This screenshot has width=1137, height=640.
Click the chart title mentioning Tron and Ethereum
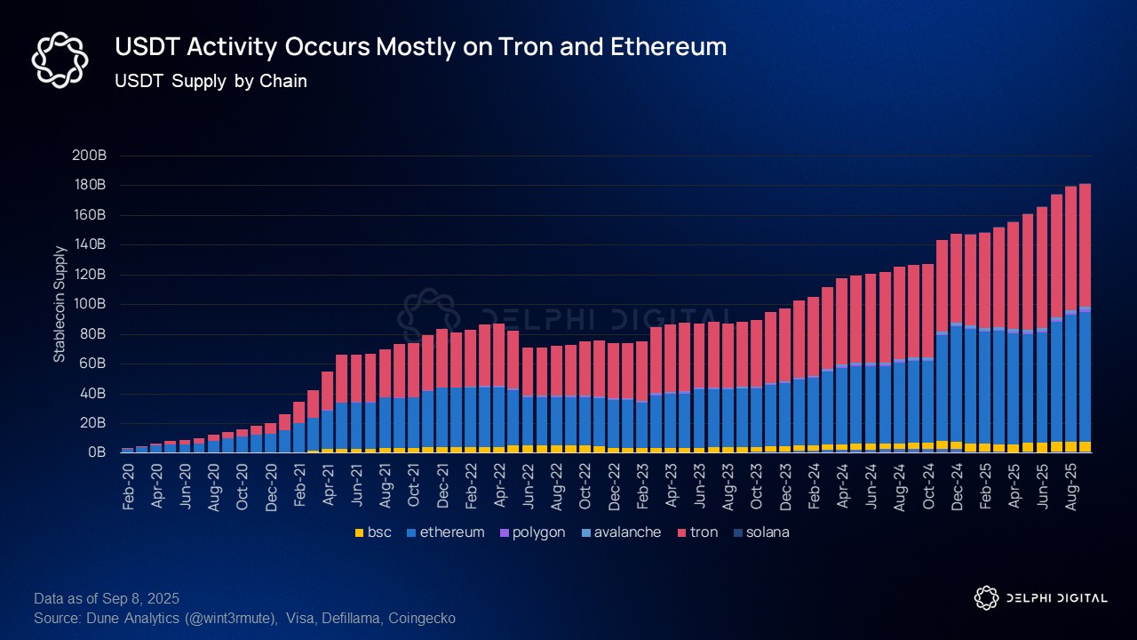point(420,47)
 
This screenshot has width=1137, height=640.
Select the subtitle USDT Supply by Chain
point(211,82)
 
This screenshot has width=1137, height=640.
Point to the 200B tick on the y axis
point(91,156)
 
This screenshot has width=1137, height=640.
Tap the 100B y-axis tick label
point(91,304)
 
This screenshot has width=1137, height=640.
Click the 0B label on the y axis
point(98,452)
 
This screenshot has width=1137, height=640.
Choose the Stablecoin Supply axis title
point(60,304)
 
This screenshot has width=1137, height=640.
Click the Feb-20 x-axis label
point(130,485)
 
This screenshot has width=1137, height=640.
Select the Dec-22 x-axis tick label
point(614,485)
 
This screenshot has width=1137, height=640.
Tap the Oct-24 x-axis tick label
point(927,485)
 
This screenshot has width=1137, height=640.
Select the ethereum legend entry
point(445,532)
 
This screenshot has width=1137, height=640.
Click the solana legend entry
point(762,532)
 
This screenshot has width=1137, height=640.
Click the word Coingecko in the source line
point(425,618)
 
